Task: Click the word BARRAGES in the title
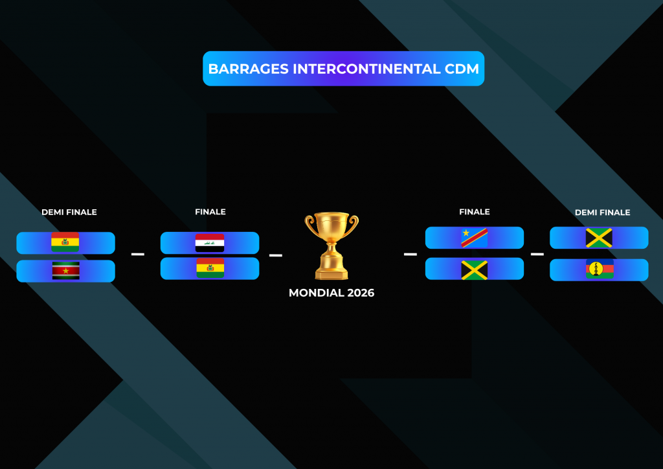[249, 69]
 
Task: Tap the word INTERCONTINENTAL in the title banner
[366, 69]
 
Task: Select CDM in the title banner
[462, 69]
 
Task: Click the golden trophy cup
[331, 246]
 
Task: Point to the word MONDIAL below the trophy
[316, 293]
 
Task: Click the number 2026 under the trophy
[361, 293]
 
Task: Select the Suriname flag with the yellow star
[65, 271]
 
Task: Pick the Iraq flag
[210, 243]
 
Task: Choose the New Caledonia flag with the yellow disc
[600, 269]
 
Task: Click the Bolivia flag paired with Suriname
[65, 242]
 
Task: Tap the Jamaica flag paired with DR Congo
[475, 270]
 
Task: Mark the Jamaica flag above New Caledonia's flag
[599, 238]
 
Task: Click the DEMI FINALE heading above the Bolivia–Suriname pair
[69, 212]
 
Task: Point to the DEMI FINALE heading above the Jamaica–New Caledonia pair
[603, 212]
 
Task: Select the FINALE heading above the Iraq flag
[210, 212]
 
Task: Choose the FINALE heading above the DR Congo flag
[475, 212]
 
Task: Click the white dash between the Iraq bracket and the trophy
[276, 255]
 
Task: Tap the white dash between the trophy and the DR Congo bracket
[410, 254]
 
